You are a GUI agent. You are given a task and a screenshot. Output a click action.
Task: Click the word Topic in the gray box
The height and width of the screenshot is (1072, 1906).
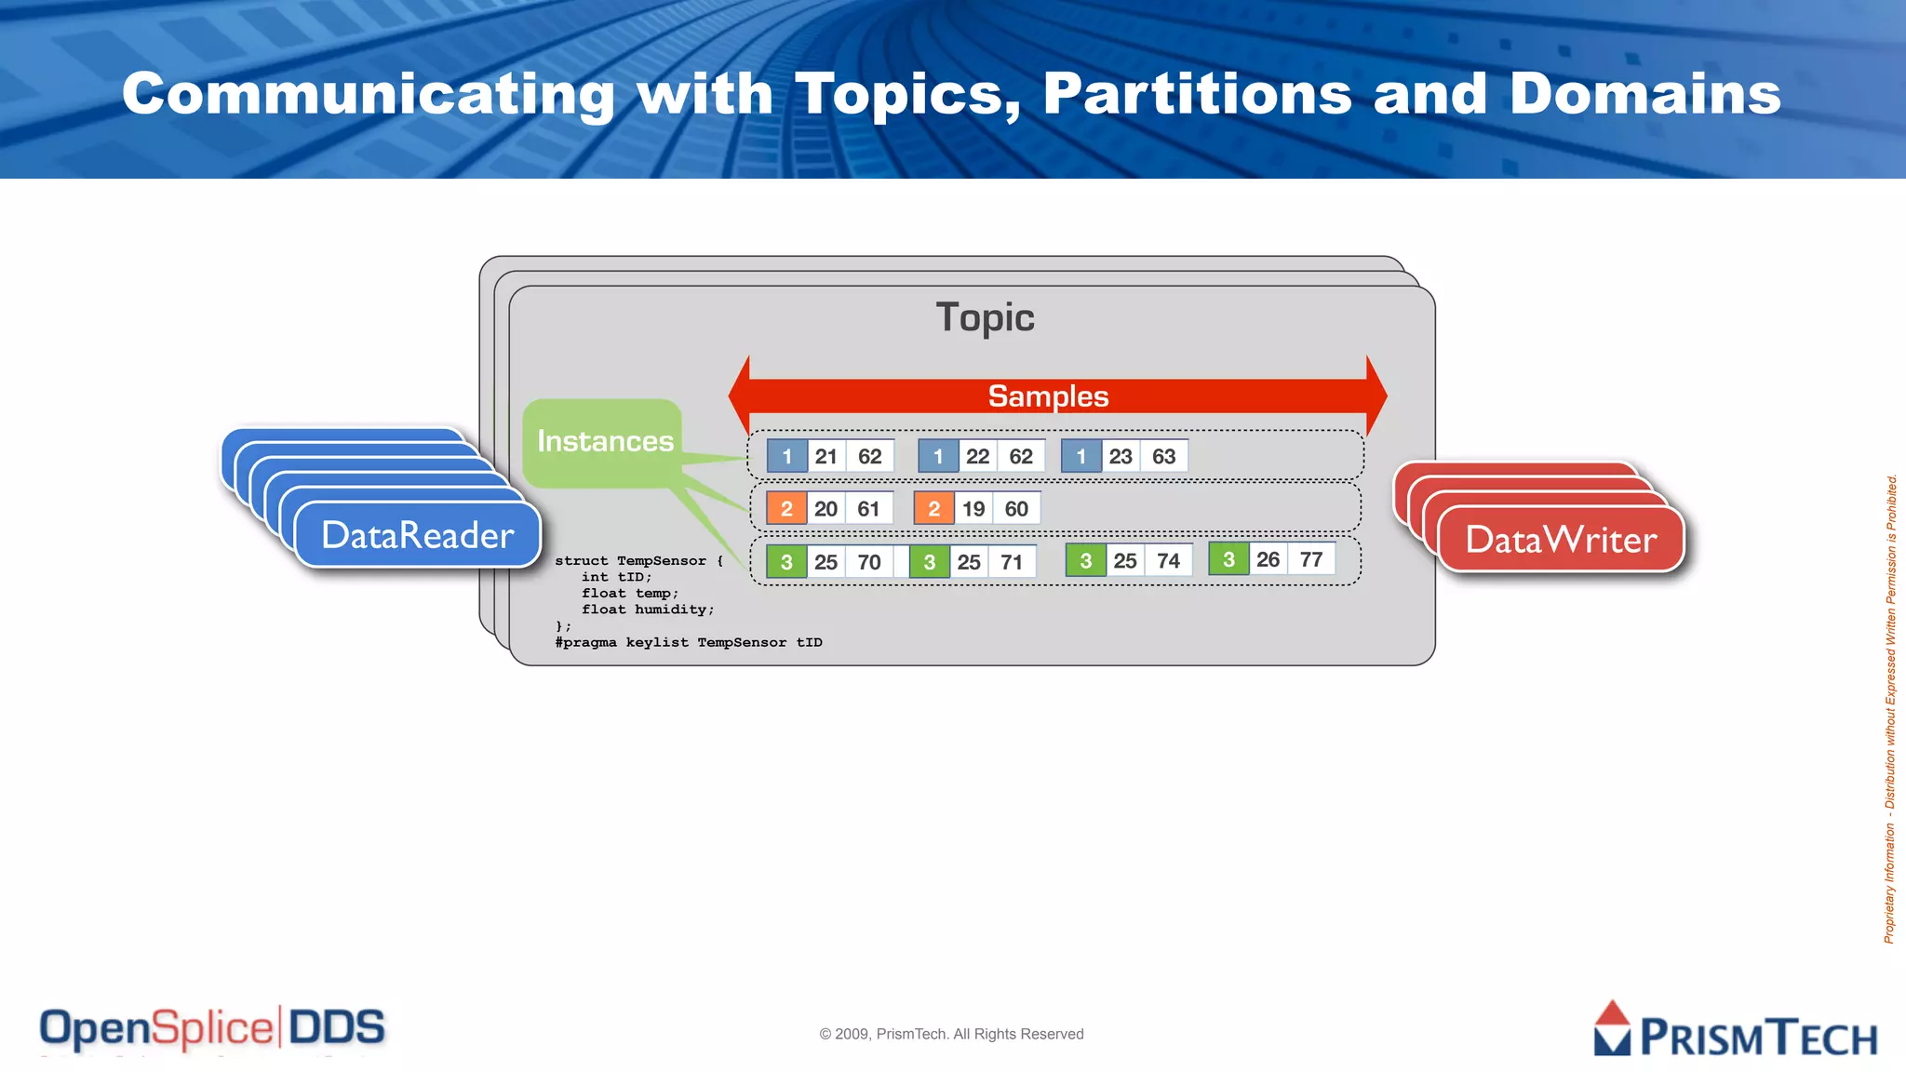[985, 317]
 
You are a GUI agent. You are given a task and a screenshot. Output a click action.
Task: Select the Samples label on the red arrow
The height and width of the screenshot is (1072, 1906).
[1048, 396]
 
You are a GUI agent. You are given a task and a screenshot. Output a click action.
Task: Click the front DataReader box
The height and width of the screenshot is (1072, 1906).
[417, 536]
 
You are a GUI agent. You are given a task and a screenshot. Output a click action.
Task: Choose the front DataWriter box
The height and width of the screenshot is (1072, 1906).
[1561, 540]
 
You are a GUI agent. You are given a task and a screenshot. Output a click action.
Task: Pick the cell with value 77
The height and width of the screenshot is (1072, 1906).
[1311, 559]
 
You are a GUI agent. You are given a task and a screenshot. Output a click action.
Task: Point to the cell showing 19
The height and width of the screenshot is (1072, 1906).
[973, 509]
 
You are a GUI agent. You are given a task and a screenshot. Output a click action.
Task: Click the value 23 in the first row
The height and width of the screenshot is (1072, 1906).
[1121, 457]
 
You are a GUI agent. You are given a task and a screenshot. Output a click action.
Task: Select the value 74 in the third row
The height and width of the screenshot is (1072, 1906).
[1168, 561]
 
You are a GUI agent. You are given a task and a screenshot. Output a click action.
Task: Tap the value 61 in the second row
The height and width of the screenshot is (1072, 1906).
[868, 509]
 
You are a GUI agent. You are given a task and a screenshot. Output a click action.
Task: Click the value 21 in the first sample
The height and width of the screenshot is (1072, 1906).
[825, 457]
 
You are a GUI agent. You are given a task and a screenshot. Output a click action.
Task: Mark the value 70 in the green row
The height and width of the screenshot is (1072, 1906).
[869, 562]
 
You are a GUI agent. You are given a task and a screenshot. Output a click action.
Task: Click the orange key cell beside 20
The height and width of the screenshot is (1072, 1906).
[786, 509]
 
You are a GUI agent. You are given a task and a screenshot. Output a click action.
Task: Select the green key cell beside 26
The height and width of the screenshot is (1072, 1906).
[1228, 559]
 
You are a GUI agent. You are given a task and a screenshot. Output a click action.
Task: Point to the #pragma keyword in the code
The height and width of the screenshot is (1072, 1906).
[585, 642]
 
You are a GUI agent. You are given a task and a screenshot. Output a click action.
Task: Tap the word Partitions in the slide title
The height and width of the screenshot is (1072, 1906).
[1197, 94]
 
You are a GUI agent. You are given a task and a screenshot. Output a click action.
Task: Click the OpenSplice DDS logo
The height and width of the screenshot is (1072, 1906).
[212, 1029]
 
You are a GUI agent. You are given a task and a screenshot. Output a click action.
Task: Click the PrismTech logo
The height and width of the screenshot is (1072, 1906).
[1736, 1031]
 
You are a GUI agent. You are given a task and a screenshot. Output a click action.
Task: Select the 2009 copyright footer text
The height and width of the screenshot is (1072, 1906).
[951, 1034]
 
